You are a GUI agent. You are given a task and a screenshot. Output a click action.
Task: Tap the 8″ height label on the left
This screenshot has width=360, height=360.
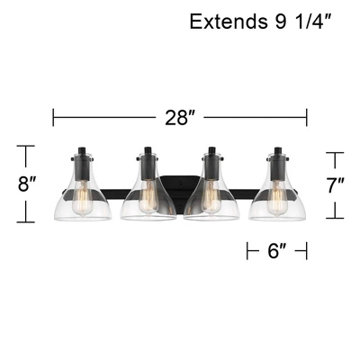[27, 185]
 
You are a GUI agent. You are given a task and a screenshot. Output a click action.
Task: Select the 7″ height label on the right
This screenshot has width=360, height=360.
[335, 185]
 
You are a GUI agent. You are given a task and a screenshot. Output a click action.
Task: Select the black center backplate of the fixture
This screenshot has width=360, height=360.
[180, 187]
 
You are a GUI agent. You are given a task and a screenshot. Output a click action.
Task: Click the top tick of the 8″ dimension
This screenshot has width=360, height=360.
[27, 146]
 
